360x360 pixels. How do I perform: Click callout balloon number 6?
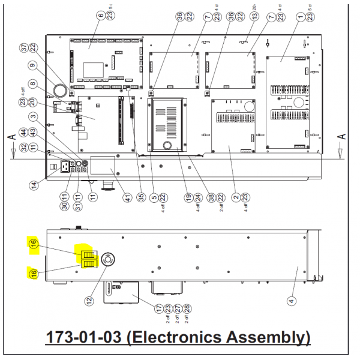pyautogui.click(x=101, y=15)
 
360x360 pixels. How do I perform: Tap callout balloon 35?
pyautogui.click(x=142, y=196)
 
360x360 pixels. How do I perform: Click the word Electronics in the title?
pyautogui.click(x=203, y=337)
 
